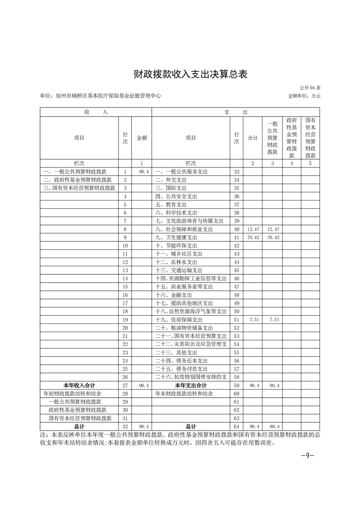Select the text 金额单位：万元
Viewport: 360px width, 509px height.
(304, 96)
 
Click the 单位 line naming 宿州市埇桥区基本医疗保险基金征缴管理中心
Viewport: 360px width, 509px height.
(100, 96)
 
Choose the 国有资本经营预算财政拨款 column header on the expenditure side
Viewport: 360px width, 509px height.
(311, 137)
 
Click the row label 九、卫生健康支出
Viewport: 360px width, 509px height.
(176, 237)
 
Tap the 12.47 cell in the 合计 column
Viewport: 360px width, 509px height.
(253, 230)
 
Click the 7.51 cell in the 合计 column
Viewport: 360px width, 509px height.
(253, 319)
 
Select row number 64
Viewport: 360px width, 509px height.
(236, 426)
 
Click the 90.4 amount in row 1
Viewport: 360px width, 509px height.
(143, 172)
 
